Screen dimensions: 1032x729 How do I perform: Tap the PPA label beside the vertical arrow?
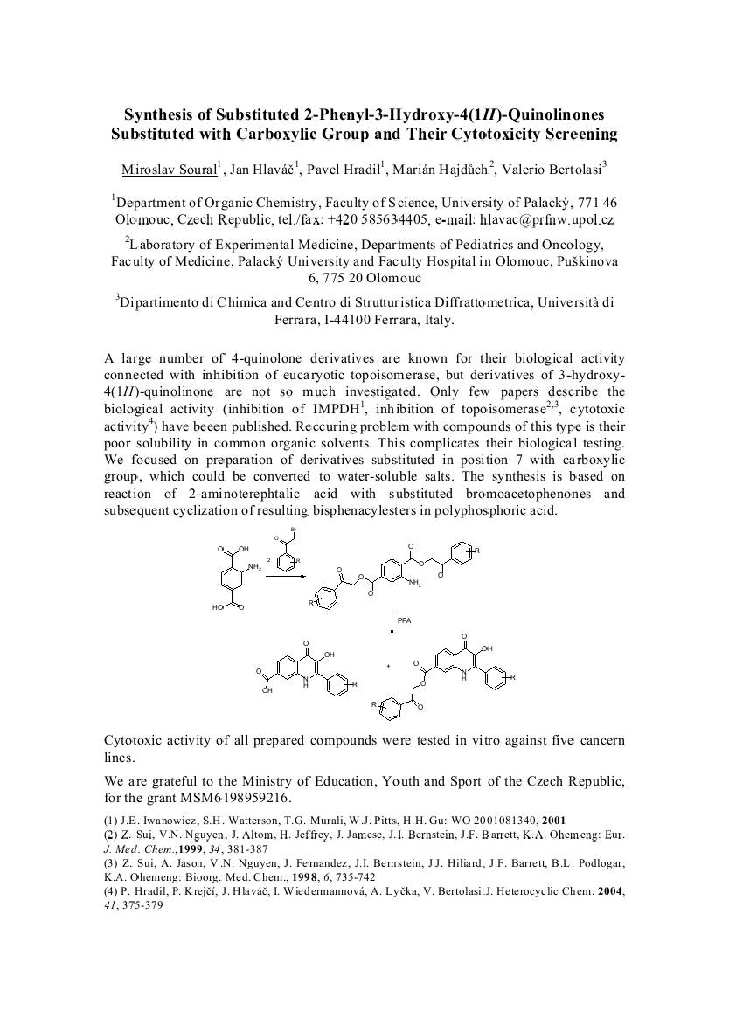click(x=403, y=620)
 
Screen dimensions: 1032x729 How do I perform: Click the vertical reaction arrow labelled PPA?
click(x=392, y=620)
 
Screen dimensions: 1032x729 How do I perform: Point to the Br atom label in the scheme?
click(x=294, y=530)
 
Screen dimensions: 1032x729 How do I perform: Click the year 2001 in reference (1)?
click(x=554, y=820)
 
